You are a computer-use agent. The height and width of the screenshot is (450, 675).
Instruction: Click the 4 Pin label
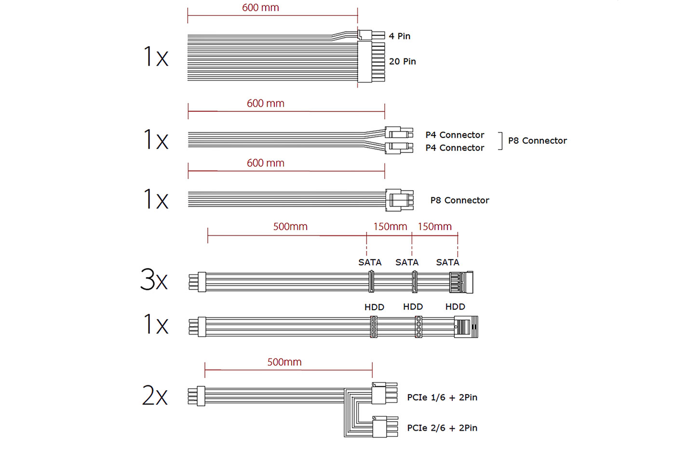tap(399, 36)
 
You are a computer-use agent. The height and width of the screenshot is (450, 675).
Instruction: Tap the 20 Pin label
tap(402, 62)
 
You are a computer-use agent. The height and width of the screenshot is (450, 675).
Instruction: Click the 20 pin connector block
tap(371, 62)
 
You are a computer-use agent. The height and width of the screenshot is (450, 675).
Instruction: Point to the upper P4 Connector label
tap(454, 135)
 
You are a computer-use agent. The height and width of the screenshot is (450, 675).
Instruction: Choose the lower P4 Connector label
tap(454, 148)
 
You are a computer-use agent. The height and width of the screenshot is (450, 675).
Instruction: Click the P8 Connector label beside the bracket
tap(537, 141)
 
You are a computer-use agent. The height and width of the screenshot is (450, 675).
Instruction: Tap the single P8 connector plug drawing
tap(399, 200)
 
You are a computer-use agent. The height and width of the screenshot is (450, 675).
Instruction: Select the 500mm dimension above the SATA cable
tap(290, 227)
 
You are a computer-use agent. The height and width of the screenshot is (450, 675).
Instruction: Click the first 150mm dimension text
tap(390, 227)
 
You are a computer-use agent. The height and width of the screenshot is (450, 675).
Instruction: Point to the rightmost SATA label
tap(447, 262)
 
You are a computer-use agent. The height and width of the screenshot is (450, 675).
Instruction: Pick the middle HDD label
tap(413, 307)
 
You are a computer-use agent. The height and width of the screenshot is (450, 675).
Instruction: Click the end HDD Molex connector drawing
tap(466, 327)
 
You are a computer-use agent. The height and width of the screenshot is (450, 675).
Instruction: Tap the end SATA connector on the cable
tap(461, 282)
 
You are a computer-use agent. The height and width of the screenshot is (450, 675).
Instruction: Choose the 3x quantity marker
tap(154, 280)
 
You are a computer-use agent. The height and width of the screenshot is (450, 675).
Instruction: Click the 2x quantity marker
tap(155, 395)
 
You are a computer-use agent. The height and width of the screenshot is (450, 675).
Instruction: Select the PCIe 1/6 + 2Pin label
tap(442, 397)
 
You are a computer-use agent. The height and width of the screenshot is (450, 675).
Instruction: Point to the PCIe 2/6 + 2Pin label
tap(442, 428)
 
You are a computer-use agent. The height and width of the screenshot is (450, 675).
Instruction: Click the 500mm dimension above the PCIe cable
tap(284, 362)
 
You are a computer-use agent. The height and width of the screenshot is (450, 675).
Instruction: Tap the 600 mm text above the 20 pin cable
tap(260, 8)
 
